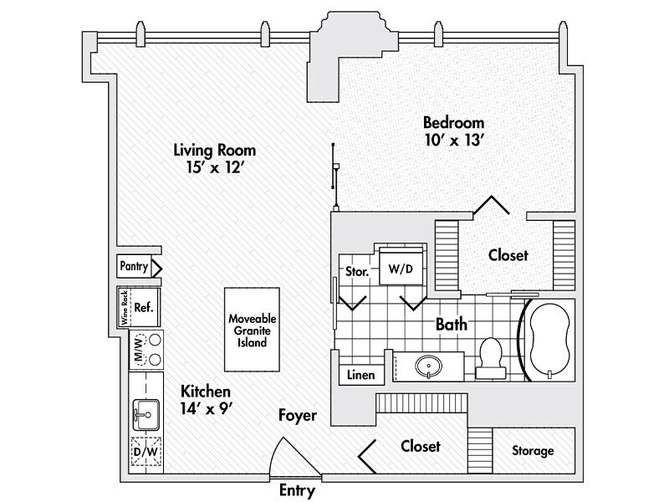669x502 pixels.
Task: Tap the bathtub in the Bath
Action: pos(549,341)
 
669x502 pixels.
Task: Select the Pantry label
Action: pos(134,268)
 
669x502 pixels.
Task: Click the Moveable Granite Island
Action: pos(252,330)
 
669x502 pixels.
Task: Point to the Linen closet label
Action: pos(361,376)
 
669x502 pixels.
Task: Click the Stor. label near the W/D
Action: pos(358,272)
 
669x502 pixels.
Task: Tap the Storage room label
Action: pos(533,451)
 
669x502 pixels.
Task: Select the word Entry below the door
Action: pos(296,491)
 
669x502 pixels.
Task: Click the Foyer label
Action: pos(298,415)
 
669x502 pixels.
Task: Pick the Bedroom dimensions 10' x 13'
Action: pos(454,141)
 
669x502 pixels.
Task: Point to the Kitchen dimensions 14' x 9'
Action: pos(206,410)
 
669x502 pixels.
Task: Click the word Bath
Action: pos(451,324)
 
